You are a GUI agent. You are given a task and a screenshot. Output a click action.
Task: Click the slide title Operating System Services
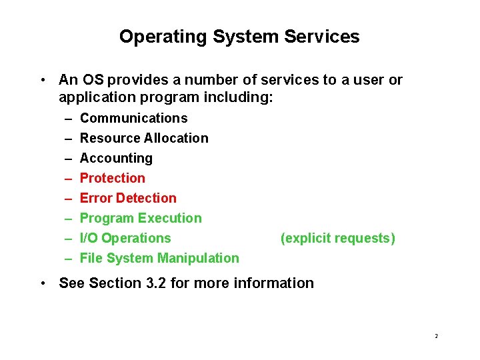pyautogui.click(x=239, y=37)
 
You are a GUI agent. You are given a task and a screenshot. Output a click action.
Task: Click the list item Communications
pyautogui.click(x=133, y=118)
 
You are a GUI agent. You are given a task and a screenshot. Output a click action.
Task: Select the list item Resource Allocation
pyautogui.click(x=144, y=138)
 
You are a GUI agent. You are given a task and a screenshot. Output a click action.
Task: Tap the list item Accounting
pyautogui.click(x=116, y=158)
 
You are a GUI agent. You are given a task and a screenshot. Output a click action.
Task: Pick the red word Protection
pyautogui.click(x=112, y=178)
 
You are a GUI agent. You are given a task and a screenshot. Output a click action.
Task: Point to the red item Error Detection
pyautogui.click(x=128, y=198)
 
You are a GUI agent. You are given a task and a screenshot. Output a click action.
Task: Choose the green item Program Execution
pyautogui.click(x=141, y=218)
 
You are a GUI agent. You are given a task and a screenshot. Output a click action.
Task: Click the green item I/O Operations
pyautogui.click(x=125, y=238)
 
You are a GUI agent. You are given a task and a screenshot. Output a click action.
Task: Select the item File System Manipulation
pyautogui.click(x=159, y=258)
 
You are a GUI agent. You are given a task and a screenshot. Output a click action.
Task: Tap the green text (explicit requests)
pyautogui.click(x=338, y=238)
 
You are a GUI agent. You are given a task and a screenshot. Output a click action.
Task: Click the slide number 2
pyautogui.click(x=436, y=336)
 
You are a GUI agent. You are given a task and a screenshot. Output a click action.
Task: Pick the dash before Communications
pyautogui.click(x=69, y=119)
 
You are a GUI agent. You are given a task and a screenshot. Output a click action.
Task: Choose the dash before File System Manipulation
pyautogui.click(x=69, y=259)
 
